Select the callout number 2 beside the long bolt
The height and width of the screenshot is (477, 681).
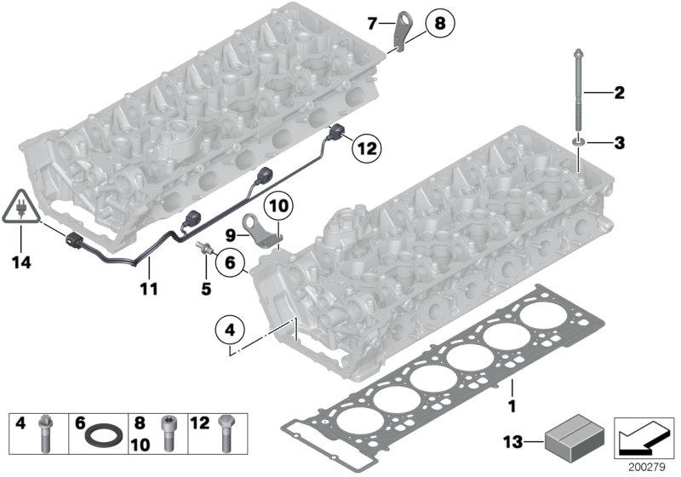[x=619, y=91]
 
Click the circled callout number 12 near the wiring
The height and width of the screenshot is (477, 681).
[x=366, y=148]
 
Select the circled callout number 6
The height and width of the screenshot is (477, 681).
[x=230, y=265]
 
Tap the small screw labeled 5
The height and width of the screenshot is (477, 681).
[x=203, y=246]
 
